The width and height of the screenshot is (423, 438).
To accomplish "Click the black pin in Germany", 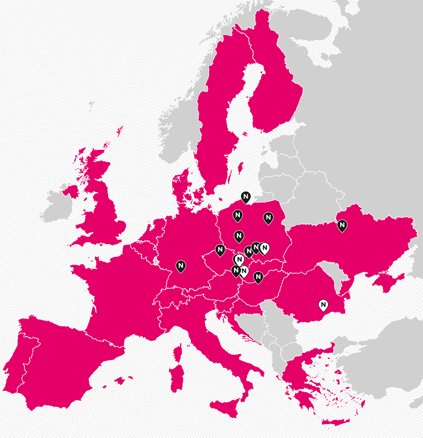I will click(181, 265).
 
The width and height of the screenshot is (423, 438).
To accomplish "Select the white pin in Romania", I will click(323, 304).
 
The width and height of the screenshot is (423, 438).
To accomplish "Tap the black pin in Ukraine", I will click(342, 226).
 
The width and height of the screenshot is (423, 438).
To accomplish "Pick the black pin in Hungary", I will click(258, 277).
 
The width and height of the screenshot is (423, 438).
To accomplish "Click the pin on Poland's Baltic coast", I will click(245, 197).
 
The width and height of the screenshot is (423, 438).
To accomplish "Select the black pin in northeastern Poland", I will click(268, 217).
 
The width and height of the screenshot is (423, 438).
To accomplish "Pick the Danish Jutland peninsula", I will click(180, 184).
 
